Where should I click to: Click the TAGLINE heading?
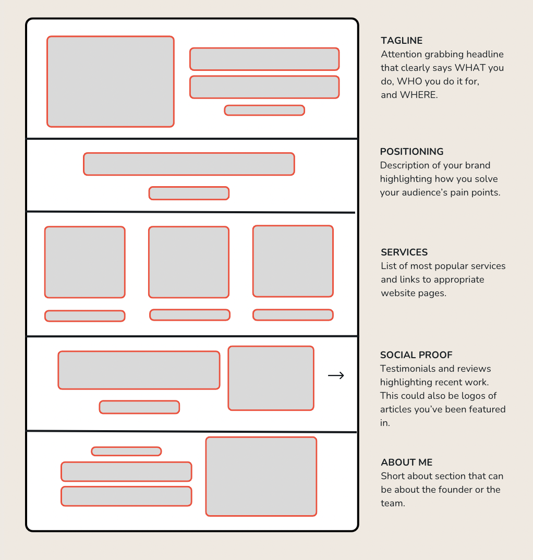(x=402, y=41)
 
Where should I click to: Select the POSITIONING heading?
(x=411, y=152)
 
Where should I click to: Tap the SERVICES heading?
(x=404, y=252)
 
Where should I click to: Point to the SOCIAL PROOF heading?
(x=416, y=355)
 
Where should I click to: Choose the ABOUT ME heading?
(x=407, y=462)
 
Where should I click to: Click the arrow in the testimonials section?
(x=336, y=375)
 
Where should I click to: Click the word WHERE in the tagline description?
(x=419, y=95)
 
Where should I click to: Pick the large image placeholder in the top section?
(x=111, y=81)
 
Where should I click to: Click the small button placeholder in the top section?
(x=264, y=111)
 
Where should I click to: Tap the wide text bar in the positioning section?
(x=189, y=164)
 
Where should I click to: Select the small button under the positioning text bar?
(x=189, y=193)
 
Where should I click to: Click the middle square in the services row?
(x=189, y=262)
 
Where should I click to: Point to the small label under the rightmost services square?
(x=293, y=315)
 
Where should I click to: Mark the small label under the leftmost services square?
(x=84, y=316)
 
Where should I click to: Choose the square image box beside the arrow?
(x=271, y=378)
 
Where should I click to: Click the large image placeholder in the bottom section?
(x=261, y=477)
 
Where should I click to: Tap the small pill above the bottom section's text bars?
(x=126, y=452)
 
